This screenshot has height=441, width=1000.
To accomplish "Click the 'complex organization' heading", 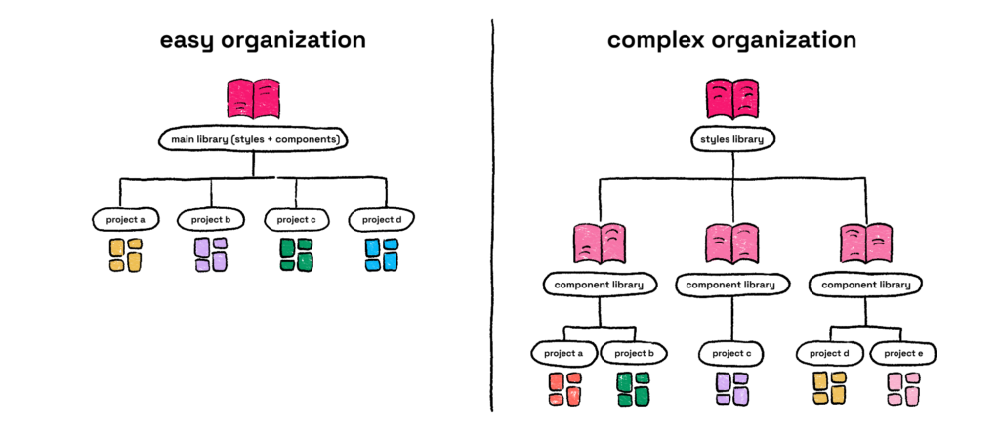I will click(731, 41).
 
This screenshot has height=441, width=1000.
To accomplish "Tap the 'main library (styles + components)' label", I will click(253, 140).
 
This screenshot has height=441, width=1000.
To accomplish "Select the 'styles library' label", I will click(731, 140).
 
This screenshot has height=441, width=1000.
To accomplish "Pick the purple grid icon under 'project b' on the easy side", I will click(210, 254).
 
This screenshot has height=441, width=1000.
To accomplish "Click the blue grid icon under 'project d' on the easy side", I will click(381, 254).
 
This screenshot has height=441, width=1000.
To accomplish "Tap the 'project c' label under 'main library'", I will click(296, 219).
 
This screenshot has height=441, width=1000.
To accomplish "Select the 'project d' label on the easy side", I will click(381, 219).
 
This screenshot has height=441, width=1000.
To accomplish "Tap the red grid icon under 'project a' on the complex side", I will click(564, 388).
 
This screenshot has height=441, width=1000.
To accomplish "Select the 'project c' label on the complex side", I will click(731, 352).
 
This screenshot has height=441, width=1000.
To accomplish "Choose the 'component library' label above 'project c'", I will click(731, 285).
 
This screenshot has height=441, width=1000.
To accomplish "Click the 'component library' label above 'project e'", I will click(865, 285).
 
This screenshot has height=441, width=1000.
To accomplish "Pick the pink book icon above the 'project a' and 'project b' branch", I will click(599, 243).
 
